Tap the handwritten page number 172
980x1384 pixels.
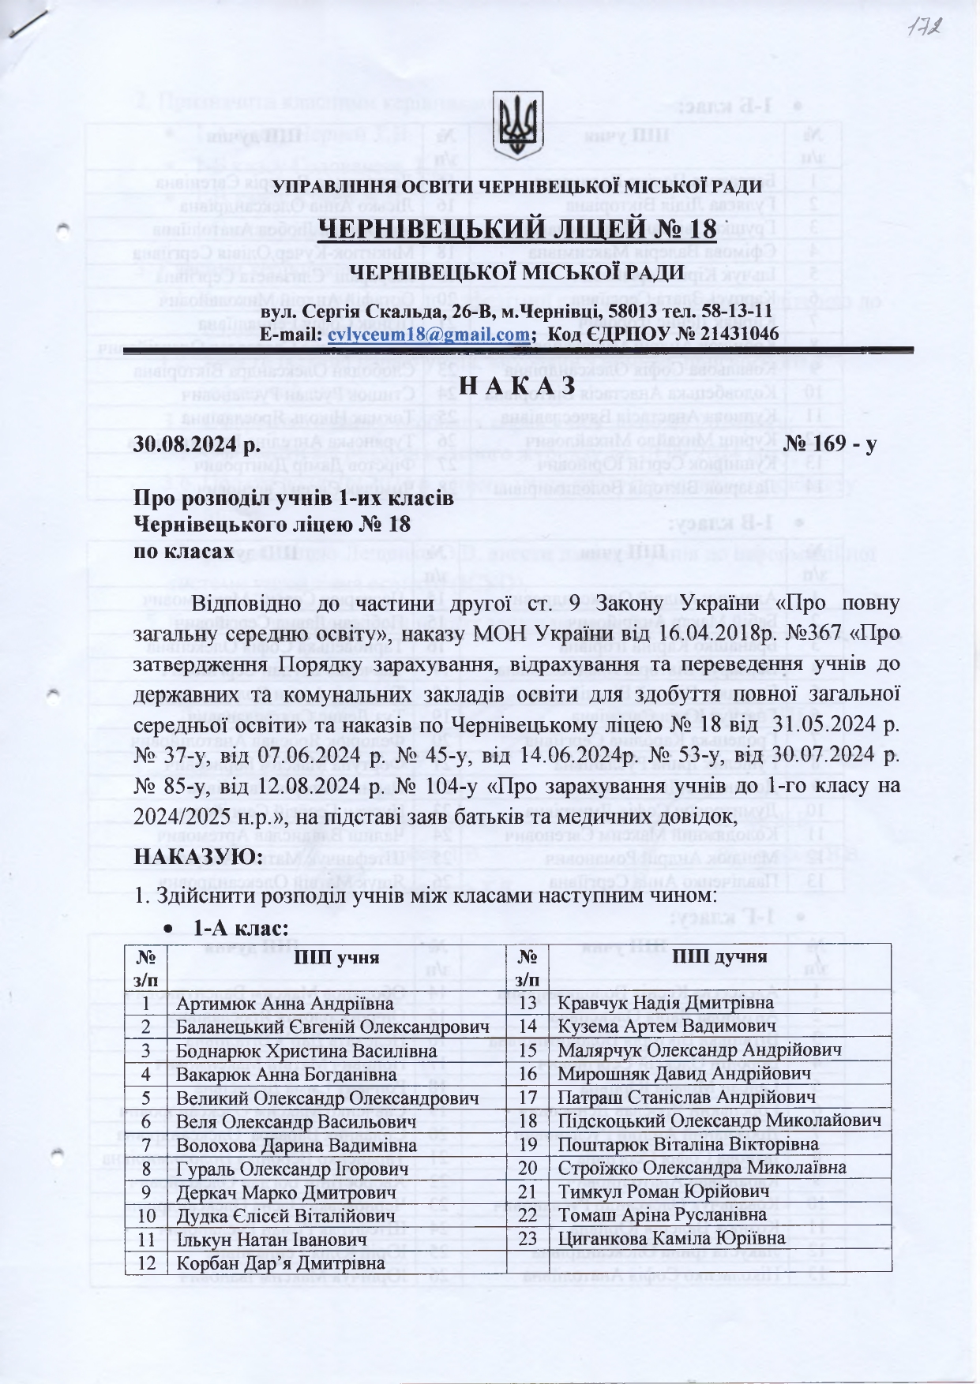tap(926, 29)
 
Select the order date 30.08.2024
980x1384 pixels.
tap(196, 445)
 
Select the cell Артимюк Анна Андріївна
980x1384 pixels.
tap(284, 1004)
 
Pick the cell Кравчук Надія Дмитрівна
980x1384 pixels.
tap(666, 1003)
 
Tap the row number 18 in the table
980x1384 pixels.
tap(527, 1121)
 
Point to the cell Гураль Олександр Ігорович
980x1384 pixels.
tap(292, 1169)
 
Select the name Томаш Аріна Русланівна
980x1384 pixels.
tap(662, 1215)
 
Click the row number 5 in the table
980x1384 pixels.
tap(146, 1098)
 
